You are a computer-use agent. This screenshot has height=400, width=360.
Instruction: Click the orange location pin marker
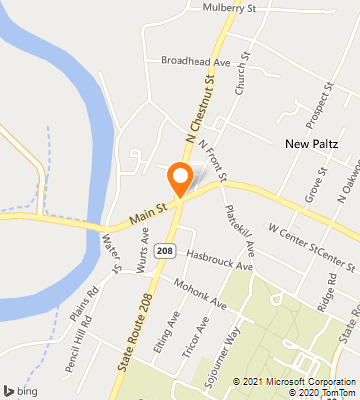[180, 177]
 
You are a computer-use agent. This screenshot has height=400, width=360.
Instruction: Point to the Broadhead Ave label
[196, 60]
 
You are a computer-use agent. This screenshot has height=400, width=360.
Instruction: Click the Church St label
[240, 81]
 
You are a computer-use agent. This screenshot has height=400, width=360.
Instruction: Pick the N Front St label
[212, 162]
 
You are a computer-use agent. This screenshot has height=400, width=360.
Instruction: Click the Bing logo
[20, 389]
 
